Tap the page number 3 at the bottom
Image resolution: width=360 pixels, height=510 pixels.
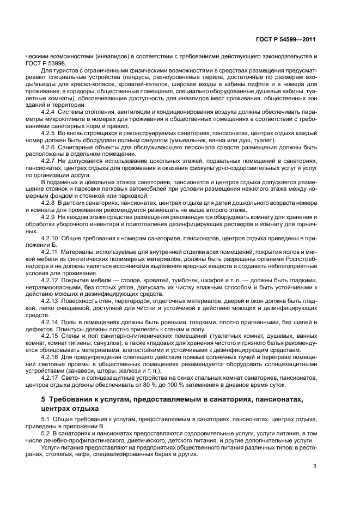pyautogui.click(x=315, y=466)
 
